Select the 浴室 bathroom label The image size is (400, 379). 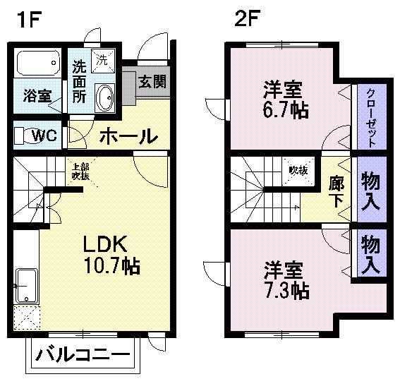point(37,96)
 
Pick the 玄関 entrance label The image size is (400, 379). point(152,82)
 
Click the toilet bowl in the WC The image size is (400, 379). point(23,135)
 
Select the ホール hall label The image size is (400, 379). point(127,135)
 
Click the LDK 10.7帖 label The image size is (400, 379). point(112,255)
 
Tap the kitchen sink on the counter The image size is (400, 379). point(26,285)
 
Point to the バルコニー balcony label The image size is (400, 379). point(83,355)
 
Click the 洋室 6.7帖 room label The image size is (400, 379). point(284,100)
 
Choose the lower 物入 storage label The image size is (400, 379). point(371,255)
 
